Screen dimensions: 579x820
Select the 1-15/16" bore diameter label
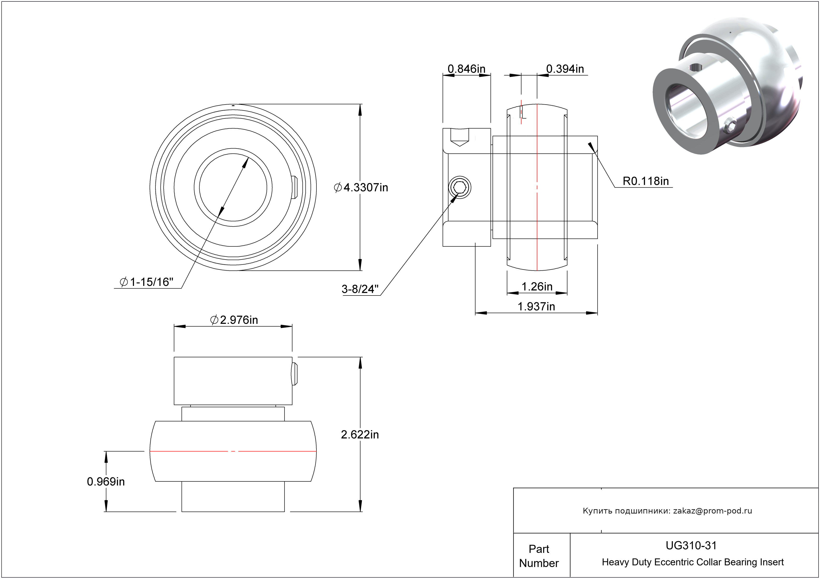pos(147,282)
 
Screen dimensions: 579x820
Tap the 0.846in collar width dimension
pos(466,69)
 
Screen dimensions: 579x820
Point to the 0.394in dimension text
pos(565,69)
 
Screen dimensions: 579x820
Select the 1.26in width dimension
pos(537,286)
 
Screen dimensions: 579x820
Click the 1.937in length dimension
pos(536,306)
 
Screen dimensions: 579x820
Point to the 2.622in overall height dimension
pos(360,434)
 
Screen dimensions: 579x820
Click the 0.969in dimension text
pos(106,482)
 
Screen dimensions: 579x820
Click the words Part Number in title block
pos(539,556)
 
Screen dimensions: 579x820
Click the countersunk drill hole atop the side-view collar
pos(459,137)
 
